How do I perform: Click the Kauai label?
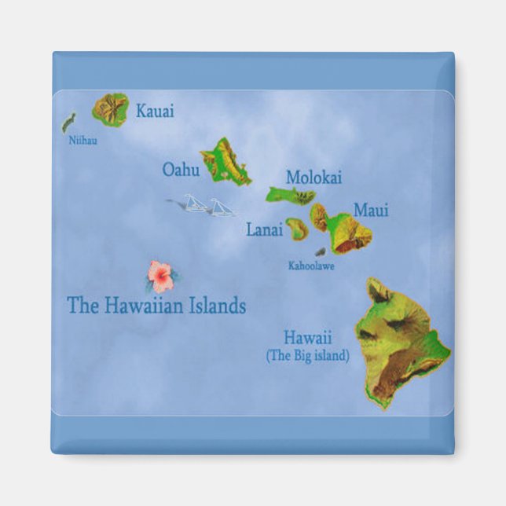(155, 111)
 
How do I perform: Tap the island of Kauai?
(111, 109)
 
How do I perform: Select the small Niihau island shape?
(68, 122)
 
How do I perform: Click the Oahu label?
(181, 169)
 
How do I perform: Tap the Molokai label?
(313, 178)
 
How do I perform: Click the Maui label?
(370, 211)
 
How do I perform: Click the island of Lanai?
(296, 229)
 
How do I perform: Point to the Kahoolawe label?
(311, 266)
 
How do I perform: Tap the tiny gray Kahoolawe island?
(320, 252)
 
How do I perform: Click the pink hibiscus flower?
(161, 275)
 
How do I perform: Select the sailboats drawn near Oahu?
(206, 206)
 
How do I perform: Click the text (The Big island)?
(307, 356)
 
